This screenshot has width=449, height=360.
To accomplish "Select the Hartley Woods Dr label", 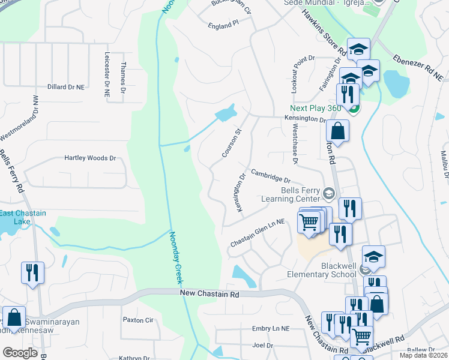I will click(90, 158).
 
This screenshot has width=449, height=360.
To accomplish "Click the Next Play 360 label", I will click(316, 109).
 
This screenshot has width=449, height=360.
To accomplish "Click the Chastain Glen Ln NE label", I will click(257, 233).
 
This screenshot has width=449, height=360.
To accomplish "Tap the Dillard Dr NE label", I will click(66, 87).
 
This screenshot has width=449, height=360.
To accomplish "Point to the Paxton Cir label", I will click(138, 320).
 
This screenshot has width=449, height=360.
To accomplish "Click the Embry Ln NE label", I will click(271, 329).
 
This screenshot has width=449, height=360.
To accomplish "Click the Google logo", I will click(20, 353).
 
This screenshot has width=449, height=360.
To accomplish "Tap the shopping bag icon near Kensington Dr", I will click(338, 131).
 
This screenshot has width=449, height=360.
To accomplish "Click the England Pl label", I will click(223, 24).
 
